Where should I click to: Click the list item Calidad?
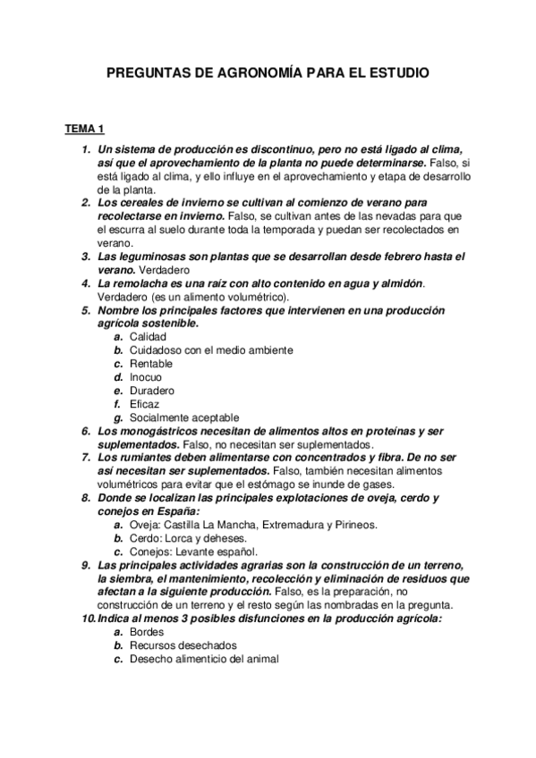coord(149,337)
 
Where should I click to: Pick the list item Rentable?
coord(151,364)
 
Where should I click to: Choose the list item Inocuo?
coord(146,377)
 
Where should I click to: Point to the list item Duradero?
coord(152,391)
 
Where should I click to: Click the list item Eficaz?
coord(145,404)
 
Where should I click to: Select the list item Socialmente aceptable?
coord(183,417)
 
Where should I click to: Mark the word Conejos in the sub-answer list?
coord(150,552)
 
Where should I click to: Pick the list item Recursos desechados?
coord(183,645)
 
